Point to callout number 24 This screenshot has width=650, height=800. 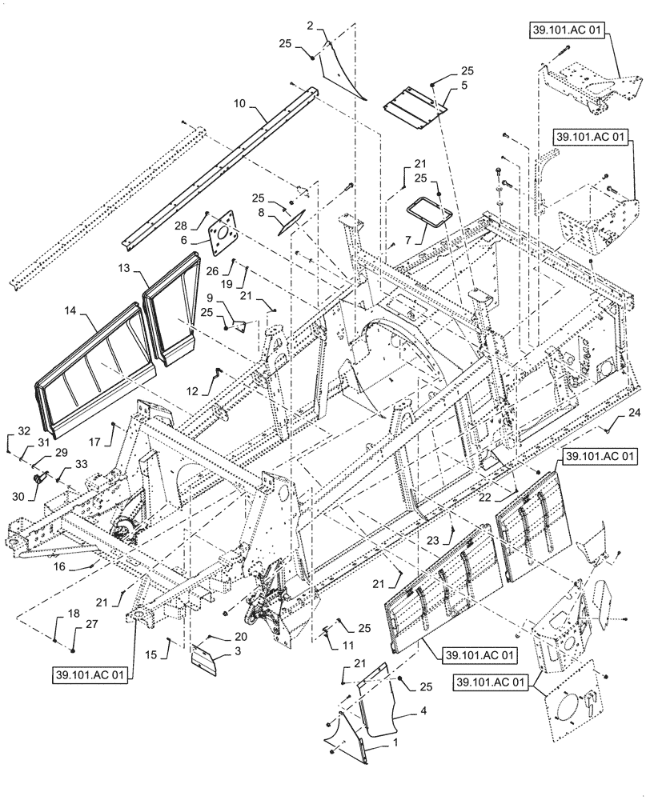coord(635,413)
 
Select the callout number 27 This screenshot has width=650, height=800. coord(75,626)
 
